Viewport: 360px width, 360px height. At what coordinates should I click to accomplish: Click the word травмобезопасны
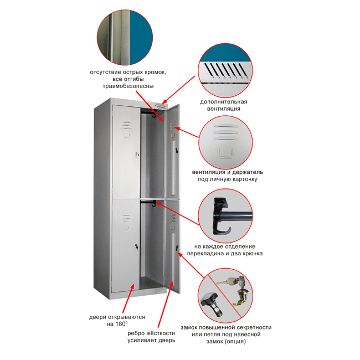[x=128, y=86]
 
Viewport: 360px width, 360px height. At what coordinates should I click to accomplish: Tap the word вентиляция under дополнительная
[x=224, y=109]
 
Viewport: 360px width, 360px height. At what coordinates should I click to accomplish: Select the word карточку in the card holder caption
[x=243, y=179]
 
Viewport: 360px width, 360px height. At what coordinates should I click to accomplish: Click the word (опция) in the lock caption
[x=236, y=341]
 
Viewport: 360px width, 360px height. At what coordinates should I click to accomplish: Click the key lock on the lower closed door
[x=137, y=247]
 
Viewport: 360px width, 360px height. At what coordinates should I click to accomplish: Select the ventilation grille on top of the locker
[x=161, y=106]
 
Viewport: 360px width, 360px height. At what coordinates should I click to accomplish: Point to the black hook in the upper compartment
[x=154, y=114]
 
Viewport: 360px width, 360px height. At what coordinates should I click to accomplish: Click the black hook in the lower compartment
[x=153, y=203]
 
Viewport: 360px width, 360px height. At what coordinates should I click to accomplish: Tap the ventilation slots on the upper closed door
[x=126, y=125]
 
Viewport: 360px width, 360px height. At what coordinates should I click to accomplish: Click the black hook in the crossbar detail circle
[x=220, y=216]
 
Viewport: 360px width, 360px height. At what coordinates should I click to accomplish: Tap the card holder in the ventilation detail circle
[x=225, y=153]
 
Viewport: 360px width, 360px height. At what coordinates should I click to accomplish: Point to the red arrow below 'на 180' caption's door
[x=128, y=298]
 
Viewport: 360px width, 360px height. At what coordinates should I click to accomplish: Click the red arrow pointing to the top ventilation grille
[x=179, y=90]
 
